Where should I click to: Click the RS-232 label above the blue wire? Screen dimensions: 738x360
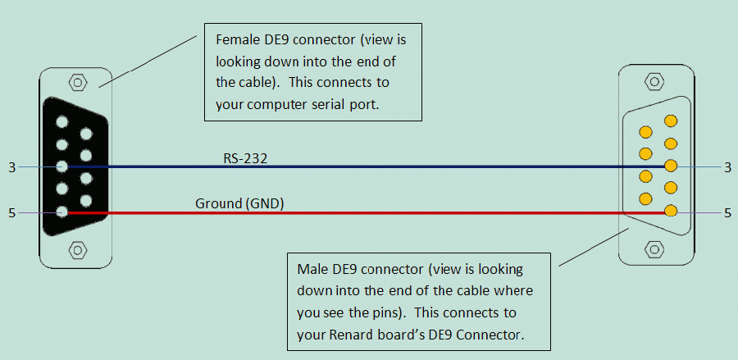pos(245,158)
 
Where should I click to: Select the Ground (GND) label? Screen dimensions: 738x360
pos(239,204)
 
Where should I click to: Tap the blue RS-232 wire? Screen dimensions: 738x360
pos(367,166)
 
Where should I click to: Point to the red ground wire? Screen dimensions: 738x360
pos(367,212)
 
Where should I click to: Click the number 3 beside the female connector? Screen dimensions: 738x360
pos(11,167)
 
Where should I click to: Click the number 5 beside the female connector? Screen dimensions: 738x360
pos(11,213)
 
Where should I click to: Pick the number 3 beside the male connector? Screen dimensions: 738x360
pos(727,167)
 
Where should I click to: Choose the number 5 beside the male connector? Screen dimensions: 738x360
pos(727,213)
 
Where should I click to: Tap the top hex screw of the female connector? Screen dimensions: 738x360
pos(78,83)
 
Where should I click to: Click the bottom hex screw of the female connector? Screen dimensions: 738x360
pos(78,249)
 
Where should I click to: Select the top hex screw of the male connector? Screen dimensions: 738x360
pos(654,81)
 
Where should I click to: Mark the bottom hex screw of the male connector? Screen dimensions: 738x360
pos(654,248)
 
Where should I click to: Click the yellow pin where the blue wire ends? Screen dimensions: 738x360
pos(671,166)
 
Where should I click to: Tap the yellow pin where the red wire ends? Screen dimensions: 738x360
pos(671,211)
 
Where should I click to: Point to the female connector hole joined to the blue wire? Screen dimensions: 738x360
pos(61,166)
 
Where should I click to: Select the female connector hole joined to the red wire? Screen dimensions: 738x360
pos(61,212)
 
